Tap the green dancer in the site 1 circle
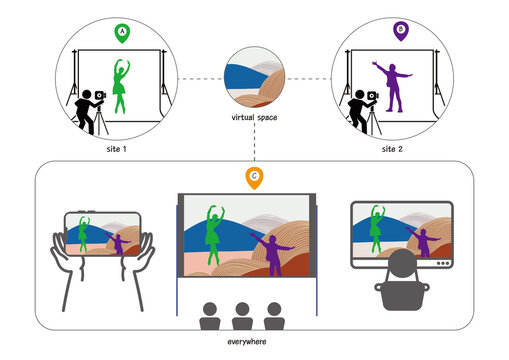coord(121,88)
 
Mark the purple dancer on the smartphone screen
coord(118,242)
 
